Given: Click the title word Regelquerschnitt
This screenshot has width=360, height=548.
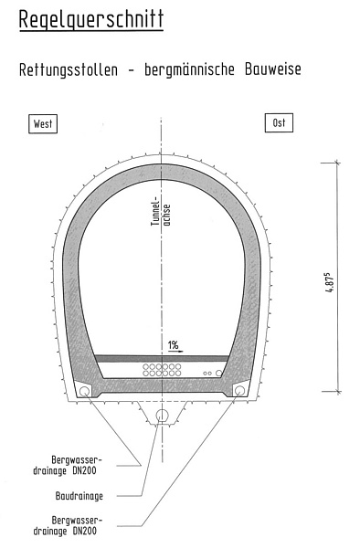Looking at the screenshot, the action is click(91, 19).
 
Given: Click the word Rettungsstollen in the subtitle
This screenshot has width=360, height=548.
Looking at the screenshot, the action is click(69, 69).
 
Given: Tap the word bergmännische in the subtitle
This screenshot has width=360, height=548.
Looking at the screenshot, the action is click(189, 69).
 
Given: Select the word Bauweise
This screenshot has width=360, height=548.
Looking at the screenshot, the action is click(272, 68).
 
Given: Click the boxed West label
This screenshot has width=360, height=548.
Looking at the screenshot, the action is click(43, 123).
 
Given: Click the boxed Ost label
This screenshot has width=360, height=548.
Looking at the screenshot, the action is click(279, 122).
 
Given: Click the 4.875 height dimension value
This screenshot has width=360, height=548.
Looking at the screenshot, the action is click(330, 281).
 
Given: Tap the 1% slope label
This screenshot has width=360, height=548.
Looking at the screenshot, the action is click(173, 345).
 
